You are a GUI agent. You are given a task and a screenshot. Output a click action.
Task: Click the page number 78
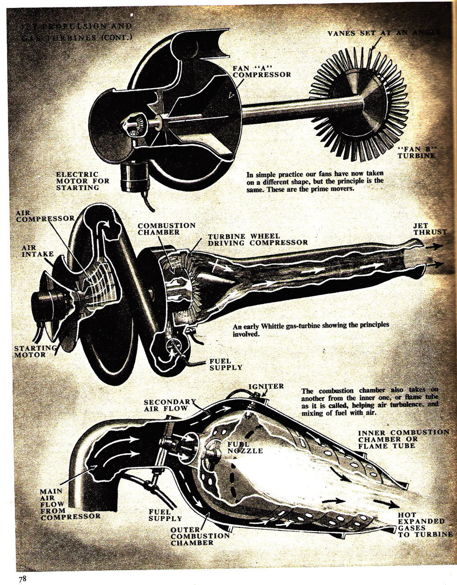tap(22, 579)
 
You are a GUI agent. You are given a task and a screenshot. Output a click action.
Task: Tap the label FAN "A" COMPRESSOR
tap(262, 71)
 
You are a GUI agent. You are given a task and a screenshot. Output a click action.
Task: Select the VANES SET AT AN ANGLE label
tap(383, 33)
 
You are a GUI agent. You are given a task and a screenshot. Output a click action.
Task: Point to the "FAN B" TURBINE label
tap(416, 152)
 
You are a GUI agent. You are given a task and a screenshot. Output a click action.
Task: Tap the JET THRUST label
tap(429, 229)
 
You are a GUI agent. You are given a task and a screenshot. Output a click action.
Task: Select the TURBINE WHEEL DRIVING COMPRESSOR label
tap(258, 239)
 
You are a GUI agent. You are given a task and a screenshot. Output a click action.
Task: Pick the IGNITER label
tap(266, 386)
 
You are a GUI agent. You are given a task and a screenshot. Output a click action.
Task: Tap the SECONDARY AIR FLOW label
tap(170, 405)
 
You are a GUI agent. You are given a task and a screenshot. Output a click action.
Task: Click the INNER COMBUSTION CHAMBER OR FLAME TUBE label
tap(403, 439)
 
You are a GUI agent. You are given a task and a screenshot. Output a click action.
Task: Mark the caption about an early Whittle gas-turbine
tap(311, 329)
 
